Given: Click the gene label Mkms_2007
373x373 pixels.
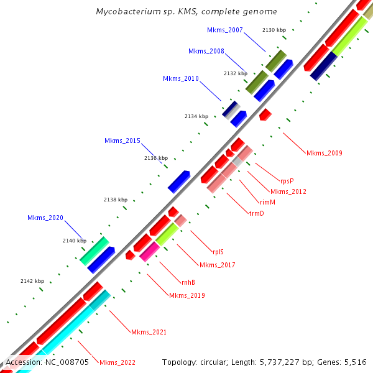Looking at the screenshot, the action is [225, 30].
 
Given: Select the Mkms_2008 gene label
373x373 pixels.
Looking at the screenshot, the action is [206, 51].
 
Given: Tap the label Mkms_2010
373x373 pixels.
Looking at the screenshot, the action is [181, 79].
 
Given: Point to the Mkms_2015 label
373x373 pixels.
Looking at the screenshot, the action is [122, 141].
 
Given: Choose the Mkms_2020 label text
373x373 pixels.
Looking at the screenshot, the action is [45, 218].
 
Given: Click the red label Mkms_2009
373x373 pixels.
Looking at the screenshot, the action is [324, 153].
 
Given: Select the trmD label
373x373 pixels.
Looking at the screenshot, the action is [256, 213].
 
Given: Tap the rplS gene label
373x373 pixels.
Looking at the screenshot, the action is [218, 252].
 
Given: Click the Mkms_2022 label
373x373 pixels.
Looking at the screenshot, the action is [117, 362].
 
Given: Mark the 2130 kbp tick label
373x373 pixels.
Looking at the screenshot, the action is [274, 30].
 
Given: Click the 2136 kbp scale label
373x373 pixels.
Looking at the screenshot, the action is [156, 158].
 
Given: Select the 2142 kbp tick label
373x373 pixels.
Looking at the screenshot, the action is [32, 281].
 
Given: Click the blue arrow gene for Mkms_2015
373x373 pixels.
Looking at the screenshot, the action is [179, 180].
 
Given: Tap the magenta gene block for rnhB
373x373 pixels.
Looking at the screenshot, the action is [150, 251].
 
